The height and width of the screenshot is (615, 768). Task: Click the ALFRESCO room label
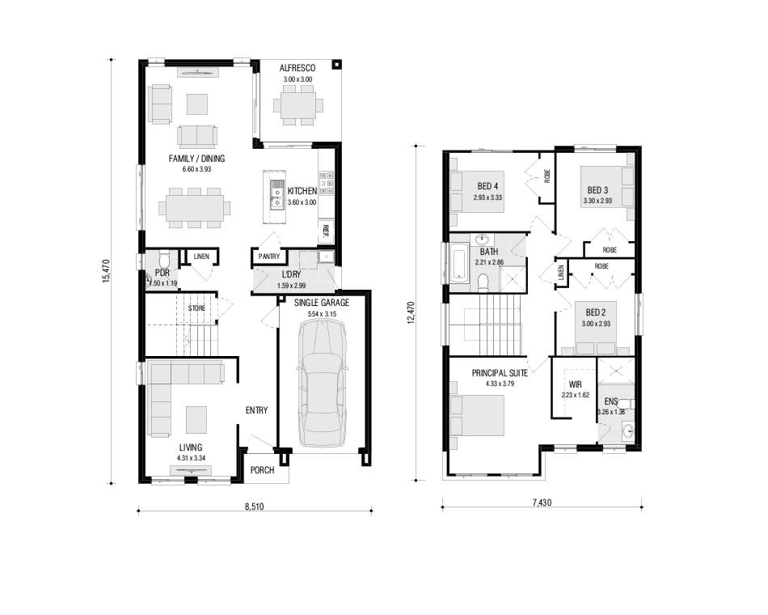(297, 68)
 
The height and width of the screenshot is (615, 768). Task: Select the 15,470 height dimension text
(106, 271)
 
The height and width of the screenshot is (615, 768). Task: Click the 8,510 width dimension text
(254, 506)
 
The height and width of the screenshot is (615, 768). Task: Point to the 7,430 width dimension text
(542, 503)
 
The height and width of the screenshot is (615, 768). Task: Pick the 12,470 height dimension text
(411, 312)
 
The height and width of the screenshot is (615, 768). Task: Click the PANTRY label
(269, 257)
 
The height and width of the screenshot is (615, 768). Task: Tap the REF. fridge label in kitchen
(325, 231)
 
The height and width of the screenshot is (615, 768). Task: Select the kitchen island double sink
(277, 194)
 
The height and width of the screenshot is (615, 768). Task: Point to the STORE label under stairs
(197, 308)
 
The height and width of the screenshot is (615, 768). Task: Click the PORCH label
(262, 470)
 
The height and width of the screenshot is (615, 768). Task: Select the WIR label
(576, 385)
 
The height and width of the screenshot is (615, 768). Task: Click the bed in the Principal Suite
(477, 415)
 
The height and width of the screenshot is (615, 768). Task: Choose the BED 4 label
(487, 186)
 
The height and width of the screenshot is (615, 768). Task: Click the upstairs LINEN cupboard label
(561, 273)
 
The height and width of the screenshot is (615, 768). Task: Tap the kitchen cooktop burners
(327, 183)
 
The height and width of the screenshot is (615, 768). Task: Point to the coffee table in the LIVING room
(196, 419)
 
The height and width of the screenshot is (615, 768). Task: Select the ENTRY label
(256, 410)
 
